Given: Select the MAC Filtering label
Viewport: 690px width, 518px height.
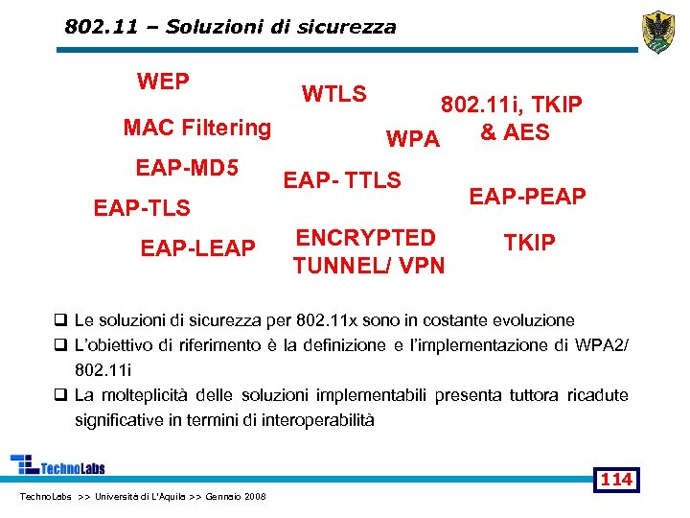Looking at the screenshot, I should click(x=197, y=128).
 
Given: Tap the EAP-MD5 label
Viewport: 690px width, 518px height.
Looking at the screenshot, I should click(x=187, y=169).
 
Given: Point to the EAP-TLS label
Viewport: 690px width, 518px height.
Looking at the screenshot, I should click(x=141, y=207).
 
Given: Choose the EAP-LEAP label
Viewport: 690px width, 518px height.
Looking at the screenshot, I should click(x=197, y=248).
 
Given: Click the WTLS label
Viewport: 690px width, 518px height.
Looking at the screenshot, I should click(x=333, y=94).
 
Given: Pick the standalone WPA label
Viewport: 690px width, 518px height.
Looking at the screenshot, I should click(x=412, y=139).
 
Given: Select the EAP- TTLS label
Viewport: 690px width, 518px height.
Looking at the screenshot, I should click(x=342, y=179).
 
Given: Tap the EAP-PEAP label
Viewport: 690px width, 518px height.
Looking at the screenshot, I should click(x=527, y=197).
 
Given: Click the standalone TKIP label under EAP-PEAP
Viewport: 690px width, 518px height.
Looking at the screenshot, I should click(x=529, y=243).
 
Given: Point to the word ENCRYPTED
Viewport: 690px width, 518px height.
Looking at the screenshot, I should click(x=365, y=238).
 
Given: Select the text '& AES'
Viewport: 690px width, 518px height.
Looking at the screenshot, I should click(x=514, y=132).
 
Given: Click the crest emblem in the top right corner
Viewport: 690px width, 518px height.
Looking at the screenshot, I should click(x=657, y=33).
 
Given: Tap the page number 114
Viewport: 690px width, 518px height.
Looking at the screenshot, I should click(x=617, y=479).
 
